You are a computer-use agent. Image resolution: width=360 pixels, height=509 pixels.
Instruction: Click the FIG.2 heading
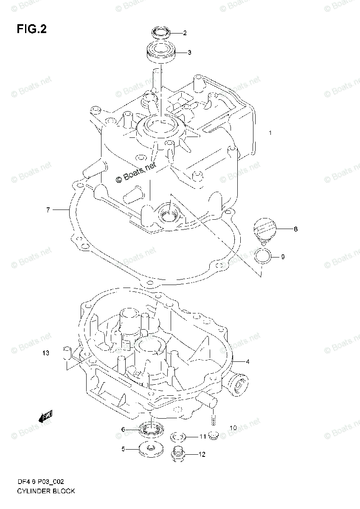[x=32, y=29]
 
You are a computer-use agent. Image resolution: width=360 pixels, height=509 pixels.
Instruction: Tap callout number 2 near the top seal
[x=185, y=33]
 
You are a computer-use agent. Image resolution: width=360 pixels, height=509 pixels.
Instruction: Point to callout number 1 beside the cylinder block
[x=270, y=133]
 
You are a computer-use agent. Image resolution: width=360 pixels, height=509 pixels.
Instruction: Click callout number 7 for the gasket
[x=48, y=210]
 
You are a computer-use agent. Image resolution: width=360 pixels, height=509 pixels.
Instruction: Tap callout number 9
[x=283, y=257]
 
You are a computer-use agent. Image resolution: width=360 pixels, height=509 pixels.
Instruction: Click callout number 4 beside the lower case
[x=247, y=361]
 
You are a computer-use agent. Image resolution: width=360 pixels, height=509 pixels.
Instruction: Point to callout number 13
[x=46, y=353]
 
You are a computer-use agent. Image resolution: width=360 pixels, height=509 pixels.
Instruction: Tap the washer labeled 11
[x=177, y=437]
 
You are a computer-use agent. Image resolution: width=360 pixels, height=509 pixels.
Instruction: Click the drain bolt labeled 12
[x=178, y=454]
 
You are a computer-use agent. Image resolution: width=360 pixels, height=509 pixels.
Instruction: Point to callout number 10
[x=233, y=428]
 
